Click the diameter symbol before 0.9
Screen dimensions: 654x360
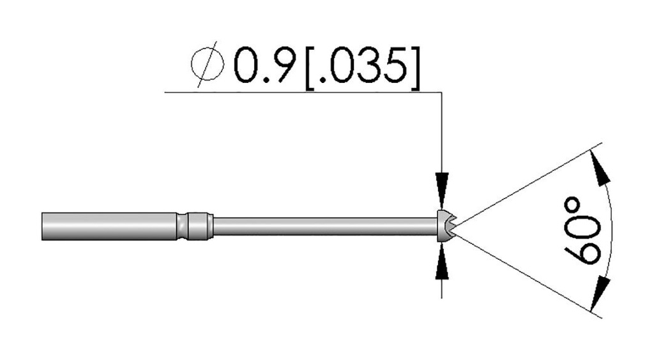(x=207, y=64)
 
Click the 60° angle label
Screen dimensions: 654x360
(x=582, y=231)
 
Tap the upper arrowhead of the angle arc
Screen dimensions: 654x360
(x=600, y=168)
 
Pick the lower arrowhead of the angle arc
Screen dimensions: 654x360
(x=600, y=293)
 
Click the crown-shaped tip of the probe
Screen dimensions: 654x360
(x=446, y=226)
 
